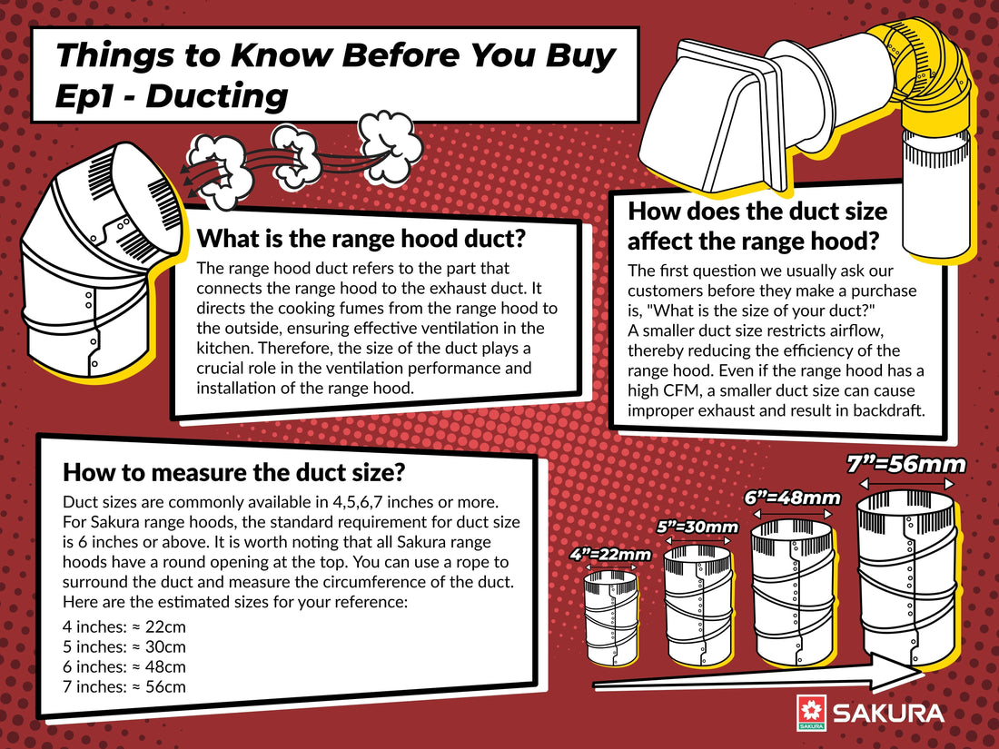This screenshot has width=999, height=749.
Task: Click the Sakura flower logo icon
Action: click(811, 712)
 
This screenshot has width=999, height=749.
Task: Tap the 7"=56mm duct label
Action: click(906, 465)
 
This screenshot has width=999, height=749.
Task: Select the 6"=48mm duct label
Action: click(793, 498)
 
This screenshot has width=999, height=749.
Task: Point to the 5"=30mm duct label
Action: click(697, 527)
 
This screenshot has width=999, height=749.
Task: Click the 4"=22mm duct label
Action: click(610, 554)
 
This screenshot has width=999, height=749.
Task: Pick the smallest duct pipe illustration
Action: click(611, 617)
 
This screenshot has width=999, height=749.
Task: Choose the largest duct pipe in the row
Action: click(906, 577)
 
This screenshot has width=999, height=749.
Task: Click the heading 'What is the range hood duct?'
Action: click(361, 239)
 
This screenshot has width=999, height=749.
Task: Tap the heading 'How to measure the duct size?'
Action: click(233, 473)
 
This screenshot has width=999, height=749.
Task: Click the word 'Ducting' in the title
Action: click(217, 96)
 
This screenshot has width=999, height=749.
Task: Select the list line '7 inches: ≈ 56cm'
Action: click(124, 686)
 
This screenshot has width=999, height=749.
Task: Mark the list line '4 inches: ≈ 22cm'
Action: click(124, 626)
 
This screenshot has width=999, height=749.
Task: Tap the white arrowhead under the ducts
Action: click(896, 673)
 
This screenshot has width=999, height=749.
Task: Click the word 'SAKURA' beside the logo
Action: click(888, 714)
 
